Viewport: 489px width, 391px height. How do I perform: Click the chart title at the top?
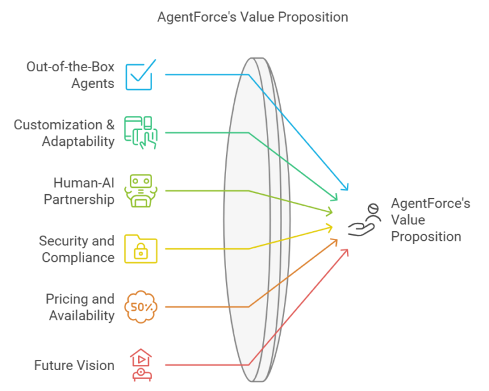tap(253, 17)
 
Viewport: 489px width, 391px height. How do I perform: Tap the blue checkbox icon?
tap(140, 75)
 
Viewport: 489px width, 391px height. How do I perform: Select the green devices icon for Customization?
tap(141, 133)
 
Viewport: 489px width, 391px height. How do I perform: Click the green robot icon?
tap(141, 191)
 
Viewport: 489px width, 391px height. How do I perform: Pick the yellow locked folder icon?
tap(141, 249)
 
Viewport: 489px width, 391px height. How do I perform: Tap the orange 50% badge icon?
tap(141, 307)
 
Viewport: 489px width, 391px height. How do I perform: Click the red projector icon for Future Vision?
tap(141, 365)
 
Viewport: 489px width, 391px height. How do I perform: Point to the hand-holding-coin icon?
tap(364, 220)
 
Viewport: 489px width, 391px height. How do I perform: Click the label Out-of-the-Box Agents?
tap(71, 75)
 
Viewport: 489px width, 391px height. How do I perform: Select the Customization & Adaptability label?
tap(64, 133)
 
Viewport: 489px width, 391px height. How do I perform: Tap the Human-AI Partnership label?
tap(79, 191)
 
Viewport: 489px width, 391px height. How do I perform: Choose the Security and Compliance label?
tap(76, 249)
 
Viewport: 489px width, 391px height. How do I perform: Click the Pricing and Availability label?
tap(80, 307)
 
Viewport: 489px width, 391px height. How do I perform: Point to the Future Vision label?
tap(74, 366)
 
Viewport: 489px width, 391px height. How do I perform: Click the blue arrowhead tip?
tap(348, 190)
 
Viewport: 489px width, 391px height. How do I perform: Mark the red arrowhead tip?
tap(348, 250)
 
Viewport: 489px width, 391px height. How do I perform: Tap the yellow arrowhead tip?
tap(332, 227)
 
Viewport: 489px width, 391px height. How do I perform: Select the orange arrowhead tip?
tap(337, 239)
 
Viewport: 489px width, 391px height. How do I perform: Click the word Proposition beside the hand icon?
tap(426, 237)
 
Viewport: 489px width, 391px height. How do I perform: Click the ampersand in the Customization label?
tap(110, 125)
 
